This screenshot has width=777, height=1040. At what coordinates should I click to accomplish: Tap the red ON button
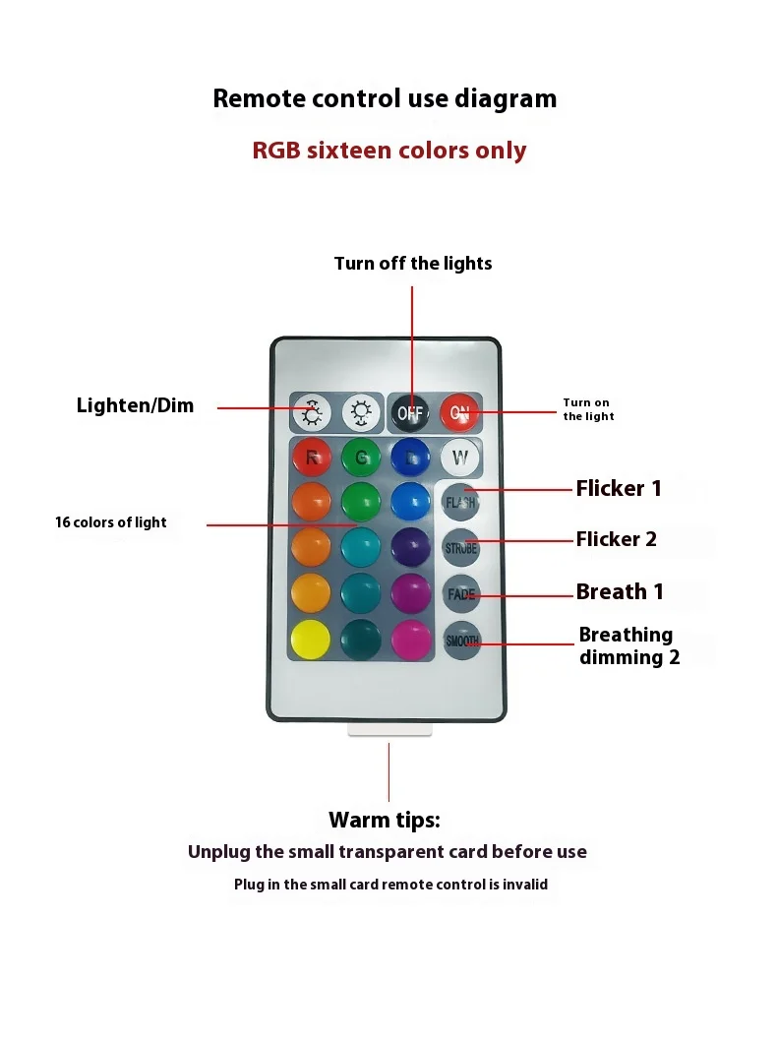(459, 413)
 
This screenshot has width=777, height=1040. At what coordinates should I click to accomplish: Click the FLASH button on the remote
(460, 502)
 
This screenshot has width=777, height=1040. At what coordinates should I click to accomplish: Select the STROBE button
(460, 547)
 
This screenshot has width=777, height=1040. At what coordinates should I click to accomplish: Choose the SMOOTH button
(461, 641)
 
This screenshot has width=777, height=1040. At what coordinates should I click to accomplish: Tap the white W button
(459, 457)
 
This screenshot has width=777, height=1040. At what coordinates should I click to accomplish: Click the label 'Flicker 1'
(619, 488)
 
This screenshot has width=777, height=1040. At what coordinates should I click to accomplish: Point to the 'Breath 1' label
(620, 591)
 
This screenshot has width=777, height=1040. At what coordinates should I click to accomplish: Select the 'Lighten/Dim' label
(135, 405)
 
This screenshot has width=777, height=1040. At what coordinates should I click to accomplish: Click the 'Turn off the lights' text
(413, 263)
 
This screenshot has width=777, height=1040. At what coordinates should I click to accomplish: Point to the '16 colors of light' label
(111, 522)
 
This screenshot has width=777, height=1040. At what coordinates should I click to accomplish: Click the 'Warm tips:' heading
(385, 820)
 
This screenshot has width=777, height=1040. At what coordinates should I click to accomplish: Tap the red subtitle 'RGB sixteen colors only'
(389, 151)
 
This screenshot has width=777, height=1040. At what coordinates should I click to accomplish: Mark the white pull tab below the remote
(390, 730)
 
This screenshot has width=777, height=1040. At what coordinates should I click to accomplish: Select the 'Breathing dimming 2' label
(628, 645)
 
